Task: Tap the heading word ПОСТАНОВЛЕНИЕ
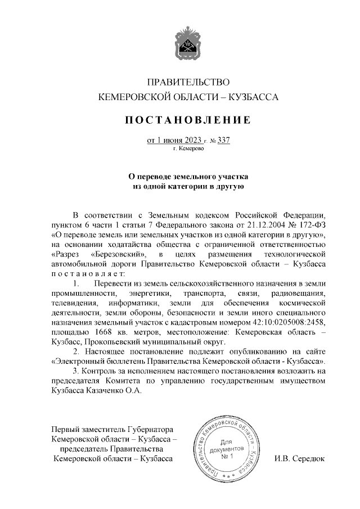point(188,120)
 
